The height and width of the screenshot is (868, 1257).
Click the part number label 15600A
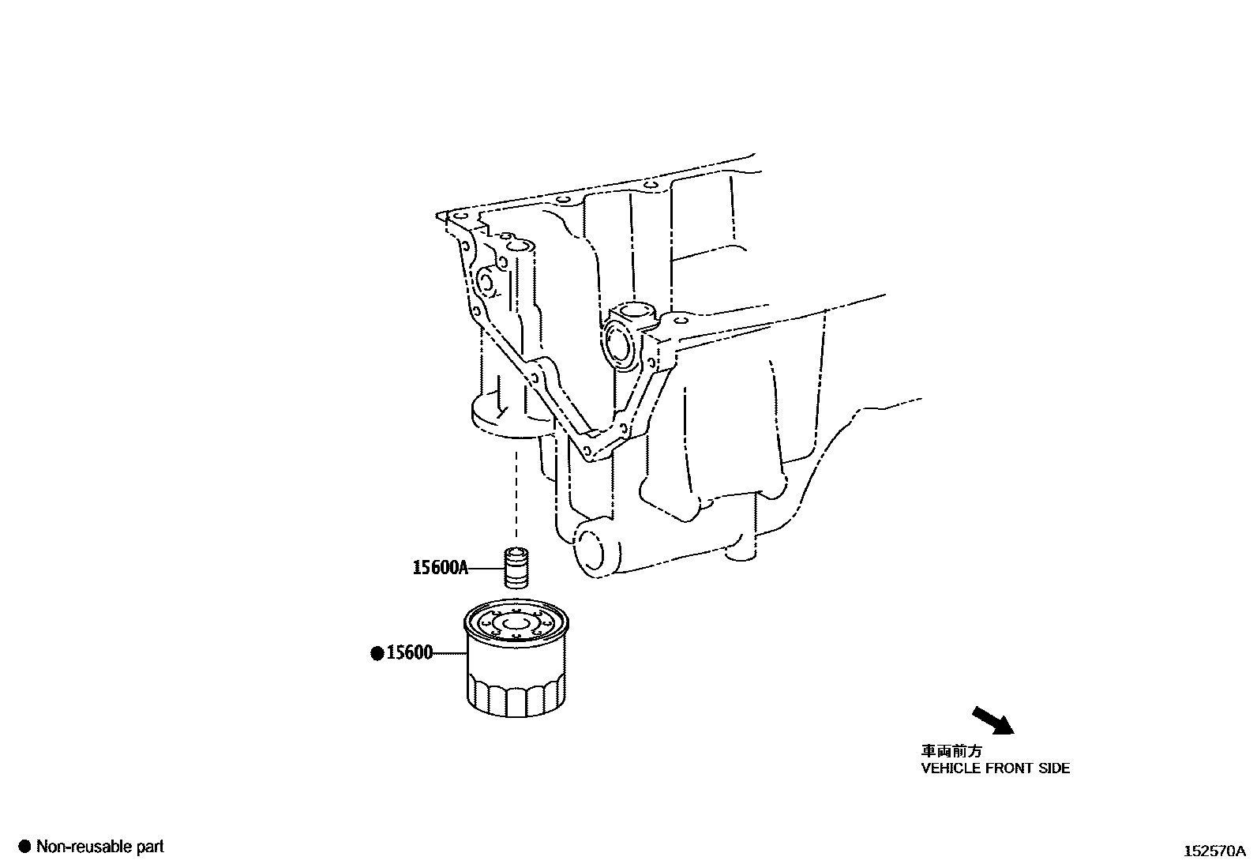(440, 567)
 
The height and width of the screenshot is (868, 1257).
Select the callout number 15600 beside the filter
(409, 653)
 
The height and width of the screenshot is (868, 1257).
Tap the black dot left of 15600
(377, 653)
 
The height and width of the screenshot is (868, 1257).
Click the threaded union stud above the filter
(516, 567)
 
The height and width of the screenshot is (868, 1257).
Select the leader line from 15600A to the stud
(486, 567)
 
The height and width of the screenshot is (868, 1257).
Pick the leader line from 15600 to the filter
(448, 653)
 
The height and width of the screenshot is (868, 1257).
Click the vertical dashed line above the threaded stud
(516, 498)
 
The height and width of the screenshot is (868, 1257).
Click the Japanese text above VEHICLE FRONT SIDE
(952, 751)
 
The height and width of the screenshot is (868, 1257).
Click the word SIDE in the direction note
(1053, 768)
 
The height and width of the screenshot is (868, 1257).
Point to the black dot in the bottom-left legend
(24, 847)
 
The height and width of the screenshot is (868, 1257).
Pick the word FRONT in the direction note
(1009, 768)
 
